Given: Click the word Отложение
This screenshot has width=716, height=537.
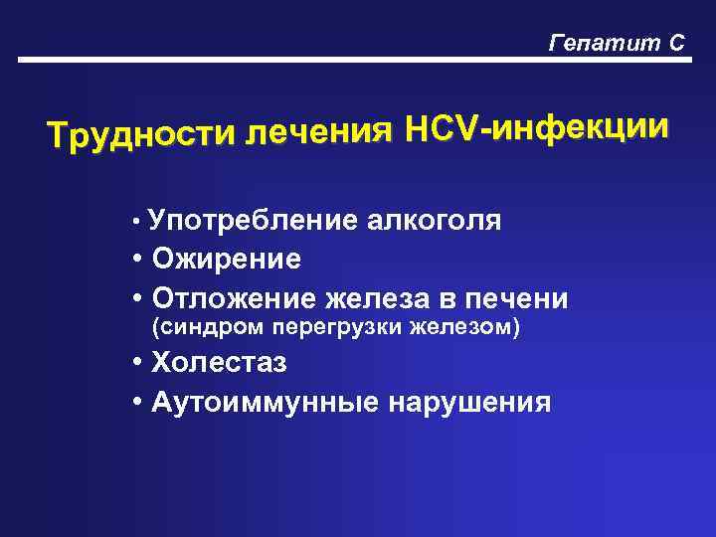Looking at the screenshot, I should coord(233,298).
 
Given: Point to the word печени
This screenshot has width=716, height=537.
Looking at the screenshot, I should coord(517,298).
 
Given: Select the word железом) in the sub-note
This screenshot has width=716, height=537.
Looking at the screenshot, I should coord(471,327).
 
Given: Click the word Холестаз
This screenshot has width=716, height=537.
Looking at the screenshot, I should coord(220,363).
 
